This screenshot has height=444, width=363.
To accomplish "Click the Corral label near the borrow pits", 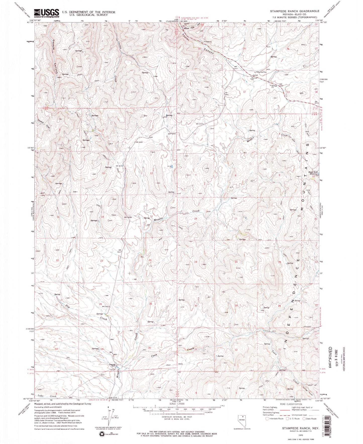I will point(255,75).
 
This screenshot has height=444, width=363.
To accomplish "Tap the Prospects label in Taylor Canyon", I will point(208,41).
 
